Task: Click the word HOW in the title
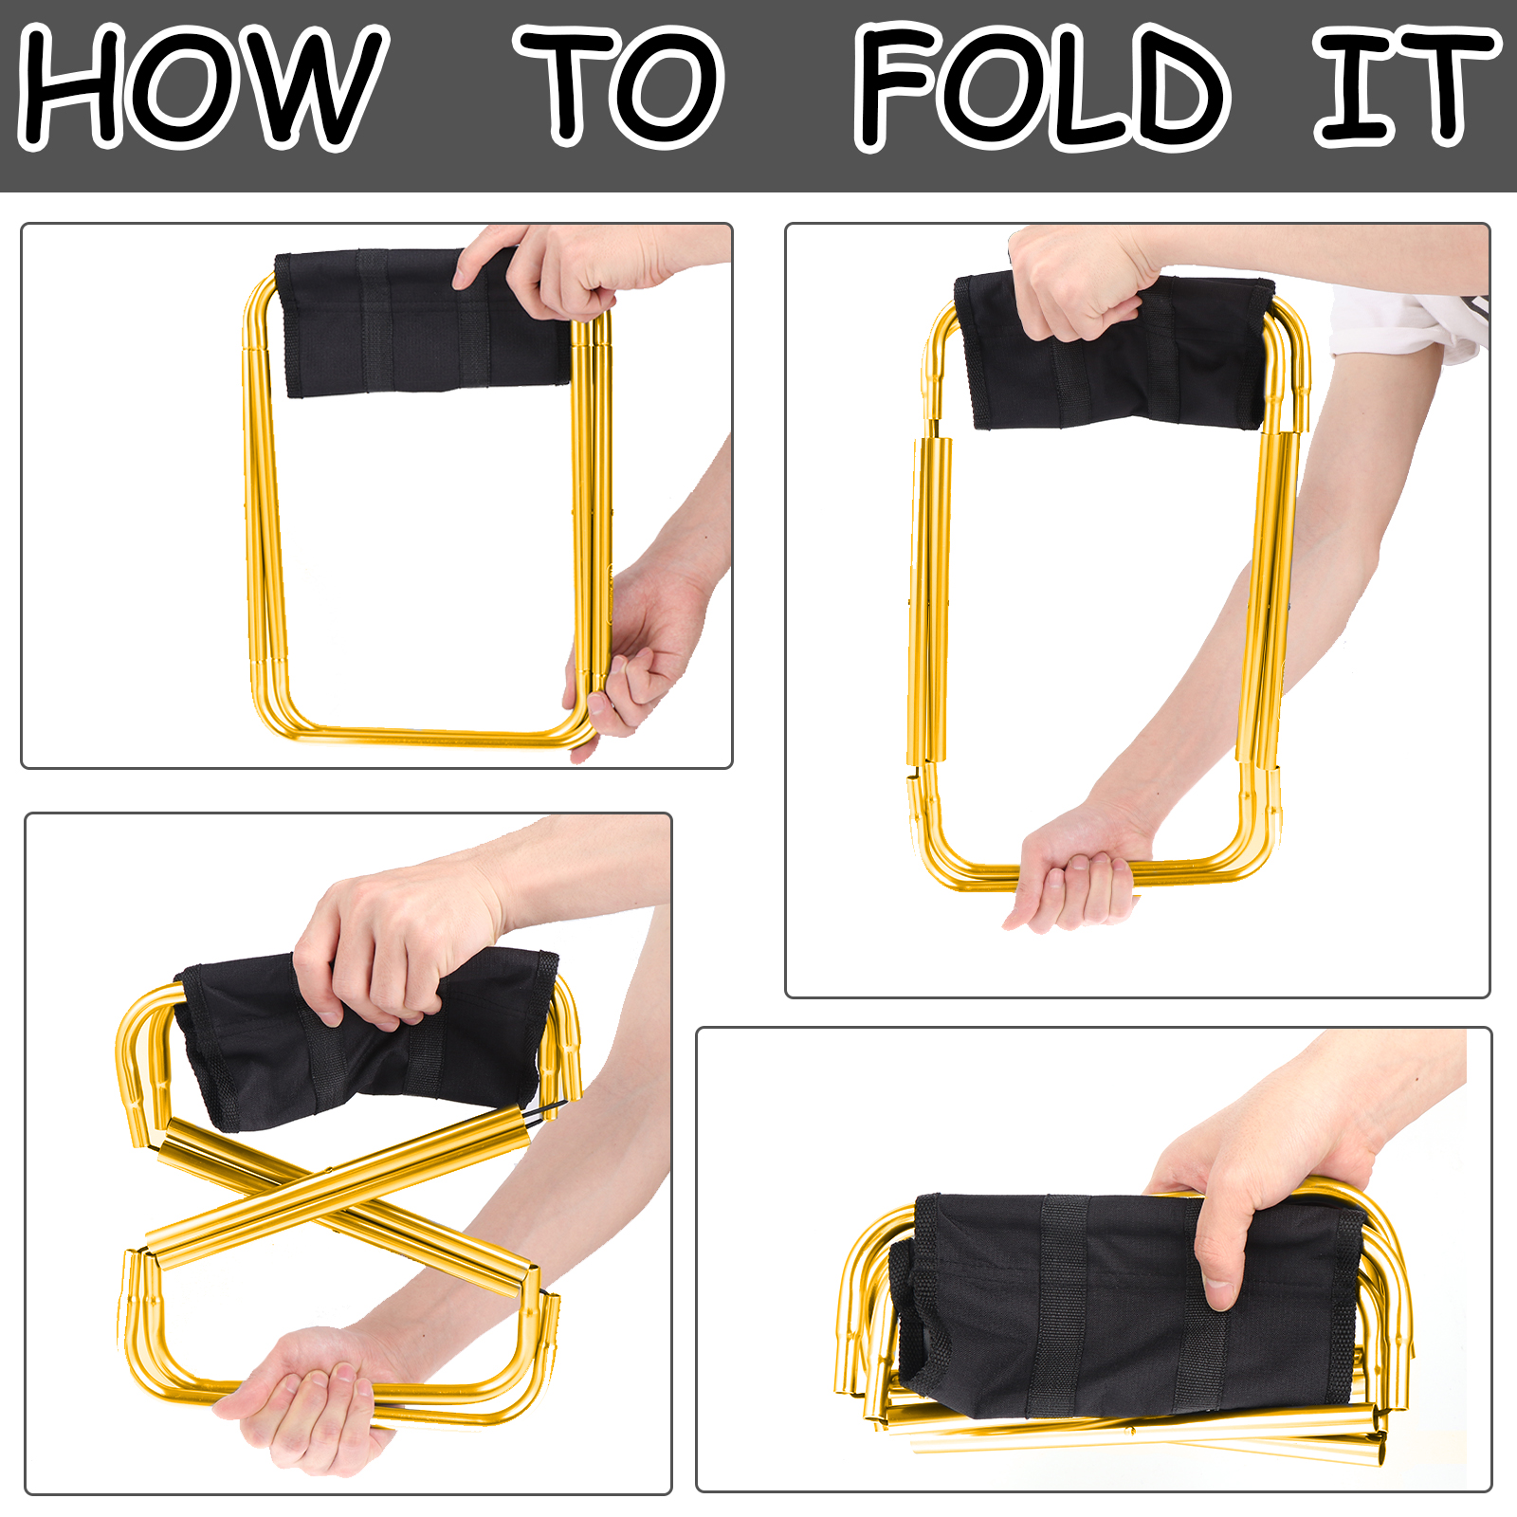(203, 87)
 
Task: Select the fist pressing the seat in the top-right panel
(1081, 284)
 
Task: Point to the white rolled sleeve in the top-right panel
(1408, 322)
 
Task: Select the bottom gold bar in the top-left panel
(427, 736)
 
